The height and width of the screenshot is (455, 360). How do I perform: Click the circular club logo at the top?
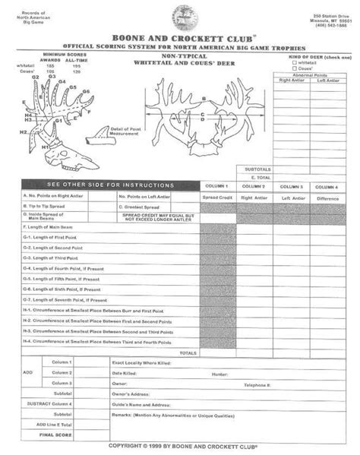coord(182,16)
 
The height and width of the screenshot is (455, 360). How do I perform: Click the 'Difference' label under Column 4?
coord(329,197)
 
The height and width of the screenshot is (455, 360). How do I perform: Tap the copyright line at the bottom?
coord(183,446)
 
